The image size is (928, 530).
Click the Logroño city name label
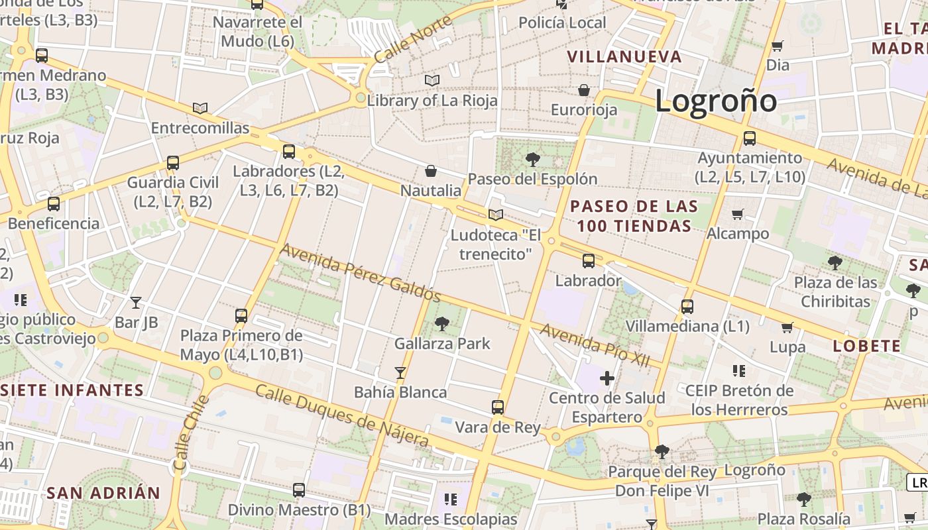(716, 101)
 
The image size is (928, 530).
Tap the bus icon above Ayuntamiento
(750, 138)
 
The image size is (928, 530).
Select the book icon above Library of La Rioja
(432, 81)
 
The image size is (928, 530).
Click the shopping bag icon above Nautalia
(431, 171)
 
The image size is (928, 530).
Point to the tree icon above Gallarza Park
(442, 324)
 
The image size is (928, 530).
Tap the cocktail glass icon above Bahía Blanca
(400, 373)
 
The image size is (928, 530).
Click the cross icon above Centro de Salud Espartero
(607, 378)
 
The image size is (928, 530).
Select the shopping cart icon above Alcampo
(738, 214)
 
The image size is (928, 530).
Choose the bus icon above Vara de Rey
(498, 407)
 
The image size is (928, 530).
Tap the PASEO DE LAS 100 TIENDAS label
(634, 216)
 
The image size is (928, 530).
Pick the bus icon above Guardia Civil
(173, 162)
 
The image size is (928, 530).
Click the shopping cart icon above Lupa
(787, 327)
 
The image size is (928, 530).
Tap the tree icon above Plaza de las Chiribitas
(835, 262)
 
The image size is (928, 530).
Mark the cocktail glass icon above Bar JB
(136, 303)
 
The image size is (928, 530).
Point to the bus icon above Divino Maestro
(299, 490)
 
